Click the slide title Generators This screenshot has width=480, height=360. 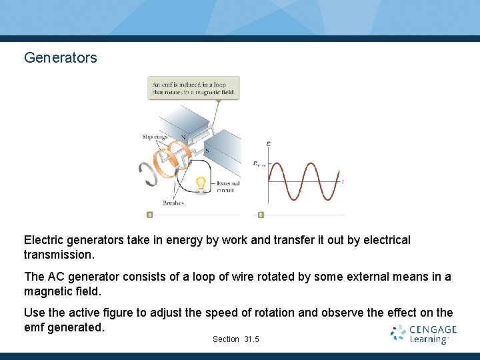(x=61, y=58)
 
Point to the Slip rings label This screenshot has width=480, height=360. (x=155, y=137)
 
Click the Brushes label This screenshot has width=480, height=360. (x=173, y=203)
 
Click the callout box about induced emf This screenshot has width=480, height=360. (x=193, y=88)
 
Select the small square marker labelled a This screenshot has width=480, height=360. (x=149, y=215)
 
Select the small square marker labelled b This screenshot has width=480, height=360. (x=261, y=215)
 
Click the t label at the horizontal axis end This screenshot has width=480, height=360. (x=343, y=181)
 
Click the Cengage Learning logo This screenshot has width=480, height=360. (x=424, y=334)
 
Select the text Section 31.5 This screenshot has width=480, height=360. (x=236, y=339)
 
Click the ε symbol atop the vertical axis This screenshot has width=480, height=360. (x=268, y=143)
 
